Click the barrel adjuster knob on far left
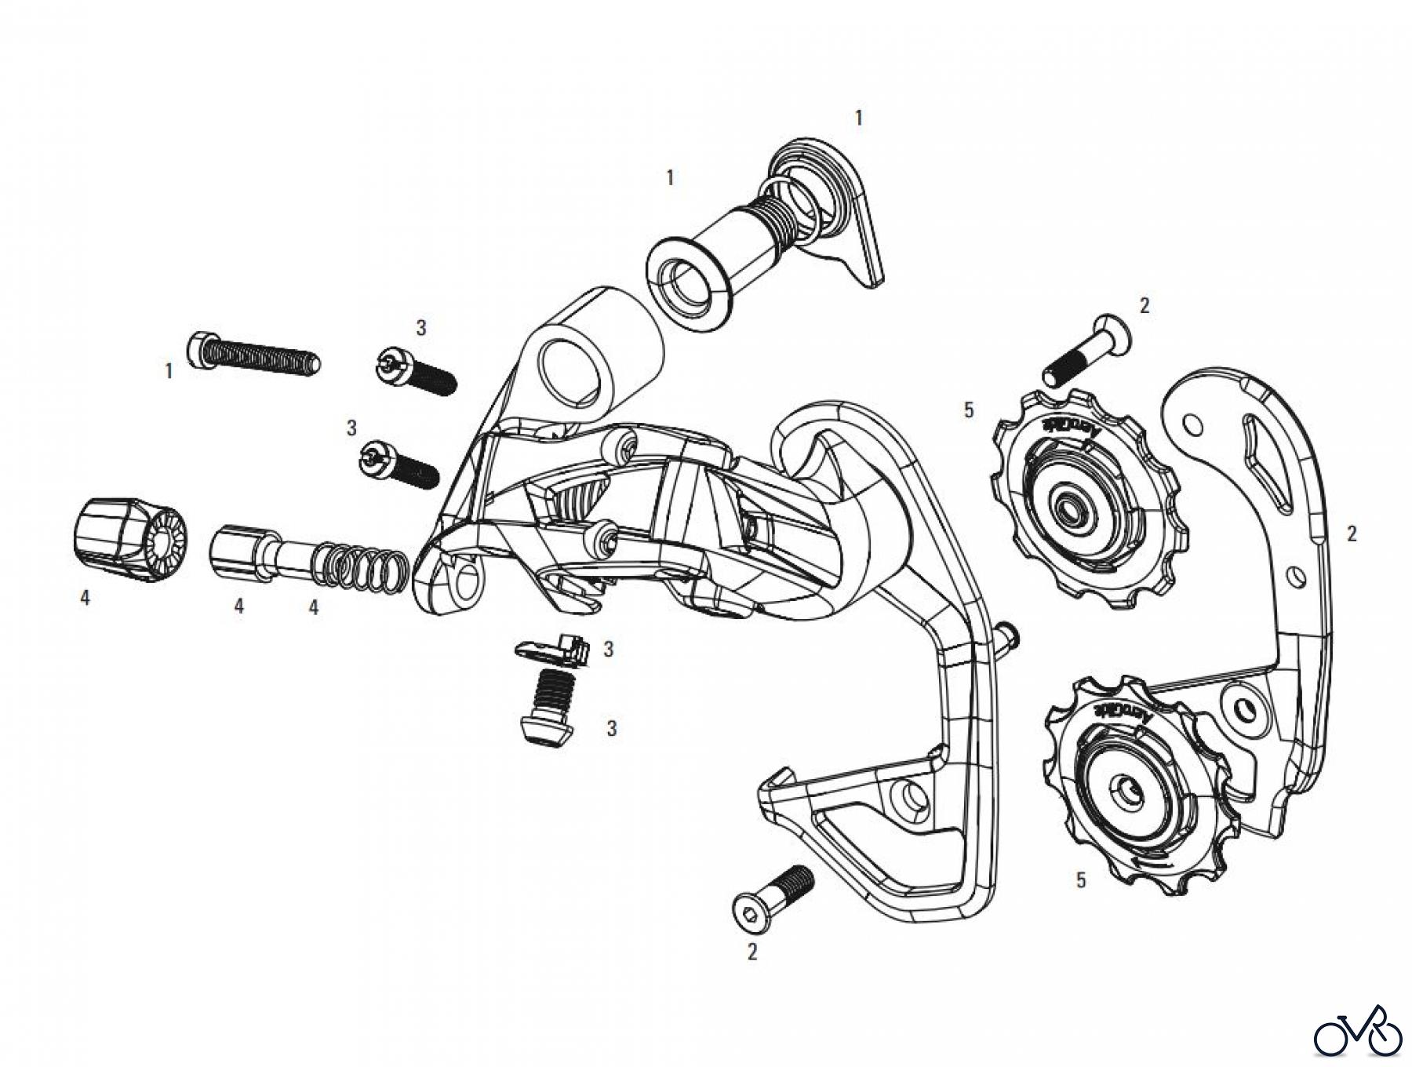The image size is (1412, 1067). tap(131, 539)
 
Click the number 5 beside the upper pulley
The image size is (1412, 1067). tap(969, 409)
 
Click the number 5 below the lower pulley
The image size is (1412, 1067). tap(1081, 880)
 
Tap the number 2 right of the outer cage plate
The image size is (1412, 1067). tap(1352, 533)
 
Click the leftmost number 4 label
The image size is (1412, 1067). tap(85, 598)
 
